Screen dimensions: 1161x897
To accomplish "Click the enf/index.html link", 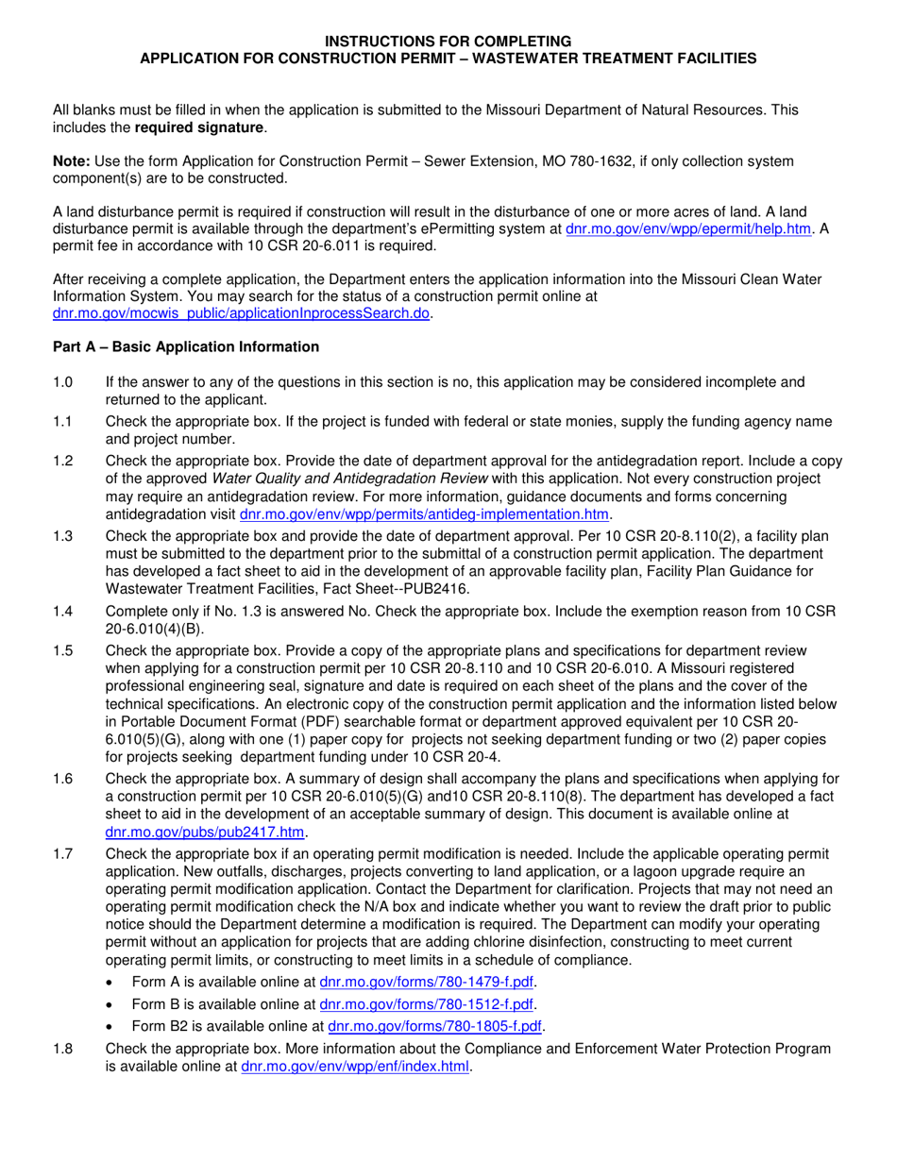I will pyautogui.click(x=355, y=1068).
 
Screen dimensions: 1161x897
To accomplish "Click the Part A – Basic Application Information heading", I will pyautogui.click(x=186, y=347).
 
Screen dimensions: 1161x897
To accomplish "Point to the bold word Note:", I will pyautogui.click(x=70, y=162).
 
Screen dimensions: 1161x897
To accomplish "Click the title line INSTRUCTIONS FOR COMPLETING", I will pyautogui.click(x=448, y=42).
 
